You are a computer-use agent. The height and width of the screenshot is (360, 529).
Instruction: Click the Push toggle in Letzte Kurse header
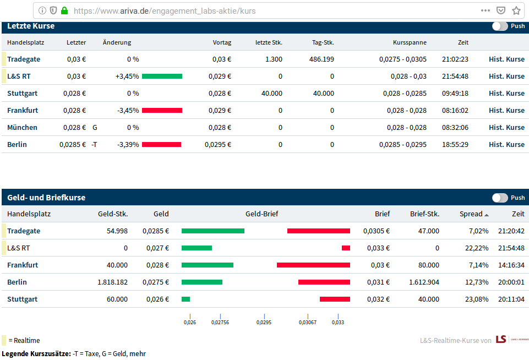500,26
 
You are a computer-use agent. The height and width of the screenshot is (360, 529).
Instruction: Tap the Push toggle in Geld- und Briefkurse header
500,198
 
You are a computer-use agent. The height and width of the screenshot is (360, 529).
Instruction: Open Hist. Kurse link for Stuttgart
507,93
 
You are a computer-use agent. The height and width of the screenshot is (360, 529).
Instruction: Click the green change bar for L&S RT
162,77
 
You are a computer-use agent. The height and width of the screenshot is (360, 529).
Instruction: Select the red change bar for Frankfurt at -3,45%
162,110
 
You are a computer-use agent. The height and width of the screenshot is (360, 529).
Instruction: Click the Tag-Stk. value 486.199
321,59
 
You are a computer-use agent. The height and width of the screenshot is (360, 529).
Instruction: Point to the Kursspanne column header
410,42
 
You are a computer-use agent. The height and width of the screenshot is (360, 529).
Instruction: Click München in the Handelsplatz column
22,127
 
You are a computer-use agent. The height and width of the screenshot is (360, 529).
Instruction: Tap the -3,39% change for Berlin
128,144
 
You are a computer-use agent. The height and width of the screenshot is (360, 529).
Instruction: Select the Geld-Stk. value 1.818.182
113,282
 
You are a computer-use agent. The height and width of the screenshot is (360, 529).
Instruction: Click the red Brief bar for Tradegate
319,231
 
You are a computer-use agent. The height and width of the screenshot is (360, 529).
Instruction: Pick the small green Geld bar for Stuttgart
186,299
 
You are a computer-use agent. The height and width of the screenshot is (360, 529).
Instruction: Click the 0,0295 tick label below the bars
264,322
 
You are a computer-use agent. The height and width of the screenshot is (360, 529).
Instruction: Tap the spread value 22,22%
477,248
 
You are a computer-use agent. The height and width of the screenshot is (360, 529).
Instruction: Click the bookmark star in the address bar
516,11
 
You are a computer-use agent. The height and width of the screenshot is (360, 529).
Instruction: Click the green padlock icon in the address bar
64,10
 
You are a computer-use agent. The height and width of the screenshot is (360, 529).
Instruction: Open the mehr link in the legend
138,353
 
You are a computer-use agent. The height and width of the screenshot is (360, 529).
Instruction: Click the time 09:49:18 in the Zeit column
455,93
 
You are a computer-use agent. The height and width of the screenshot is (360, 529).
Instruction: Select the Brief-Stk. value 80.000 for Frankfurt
429,265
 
